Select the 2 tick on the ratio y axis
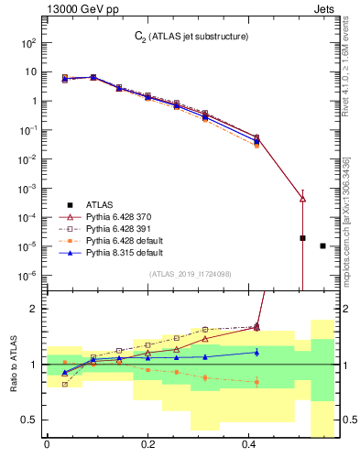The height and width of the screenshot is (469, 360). coord(37,309)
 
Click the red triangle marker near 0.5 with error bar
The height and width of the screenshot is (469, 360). coord(303,198)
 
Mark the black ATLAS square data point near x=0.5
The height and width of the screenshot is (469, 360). coord(303,238)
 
